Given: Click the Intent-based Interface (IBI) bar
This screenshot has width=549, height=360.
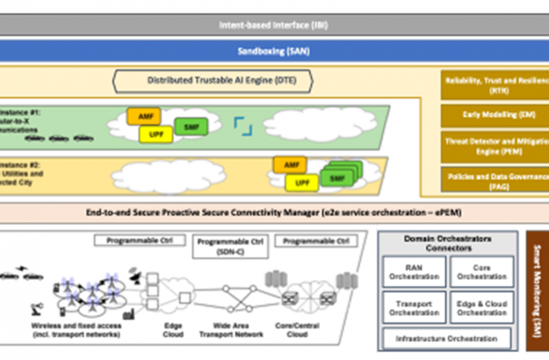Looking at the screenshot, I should [274, 24].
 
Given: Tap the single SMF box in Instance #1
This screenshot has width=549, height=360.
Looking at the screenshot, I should [190, 126].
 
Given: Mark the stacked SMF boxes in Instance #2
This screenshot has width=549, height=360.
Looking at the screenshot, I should [337, 179].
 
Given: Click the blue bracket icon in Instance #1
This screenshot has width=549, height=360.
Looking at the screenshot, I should [243, 124].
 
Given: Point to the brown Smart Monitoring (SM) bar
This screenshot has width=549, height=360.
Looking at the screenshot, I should [537, 290].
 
